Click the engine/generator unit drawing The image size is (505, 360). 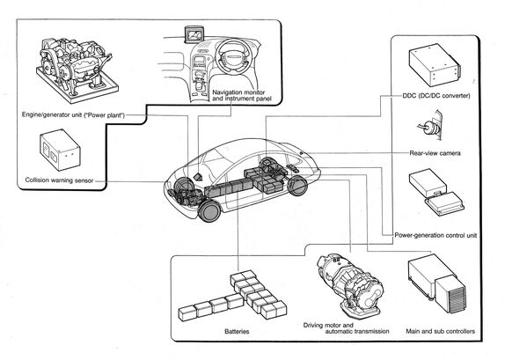point(77,70)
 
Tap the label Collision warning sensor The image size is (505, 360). point(59,180)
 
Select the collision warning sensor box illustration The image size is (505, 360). point(60,150)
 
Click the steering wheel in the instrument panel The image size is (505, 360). point(232,56)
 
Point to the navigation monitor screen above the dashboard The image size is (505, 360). point(194,34)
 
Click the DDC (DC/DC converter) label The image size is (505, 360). point(436,96)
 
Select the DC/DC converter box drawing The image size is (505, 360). point(435,64)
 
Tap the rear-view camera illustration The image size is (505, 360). point(430,126)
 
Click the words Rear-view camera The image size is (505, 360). point(435,153)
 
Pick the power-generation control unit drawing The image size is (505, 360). point(436,191)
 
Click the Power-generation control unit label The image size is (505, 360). point(435,235)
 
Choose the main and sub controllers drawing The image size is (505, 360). point(436,283)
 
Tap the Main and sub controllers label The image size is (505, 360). point(440,331)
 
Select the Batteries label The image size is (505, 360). point(237,331)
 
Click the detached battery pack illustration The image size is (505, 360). point(232,296)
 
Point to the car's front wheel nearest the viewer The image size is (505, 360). point(209,211)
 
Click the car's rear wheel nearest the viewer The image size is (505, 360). point(297,186)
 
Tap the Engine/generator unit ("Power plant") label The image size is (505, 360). point(73,114)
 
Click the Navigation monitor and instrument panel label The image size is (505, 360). point(242,95)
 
